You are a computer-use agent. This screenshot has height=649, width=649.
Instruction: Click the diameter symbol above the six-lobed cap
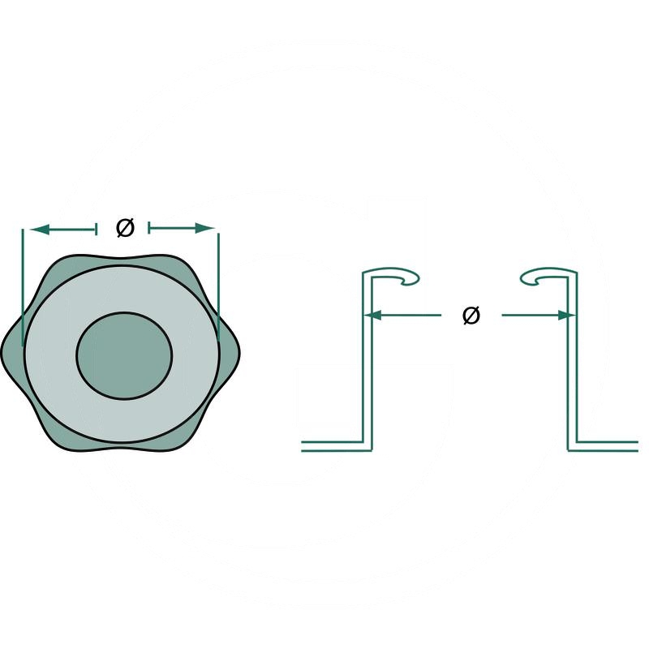click(124, 229)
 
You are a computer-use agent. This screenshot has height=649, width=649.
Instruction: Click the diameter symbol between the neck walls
click(471, 315)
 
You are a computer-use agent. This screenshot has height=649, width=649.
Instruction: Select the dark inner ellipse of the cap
click(125, 355)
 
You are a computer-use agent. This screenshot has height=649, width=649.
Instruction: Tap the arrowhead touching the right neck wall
click(566, 315)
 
